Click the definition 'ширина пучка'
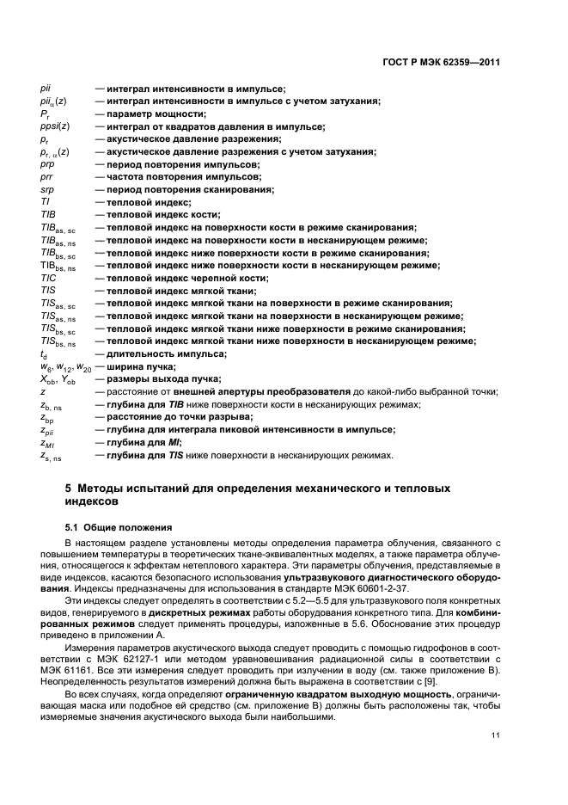click(137, 366)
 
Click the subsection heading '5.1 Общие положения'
click(119, 525)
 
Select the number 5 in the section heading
click(70, 489)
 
